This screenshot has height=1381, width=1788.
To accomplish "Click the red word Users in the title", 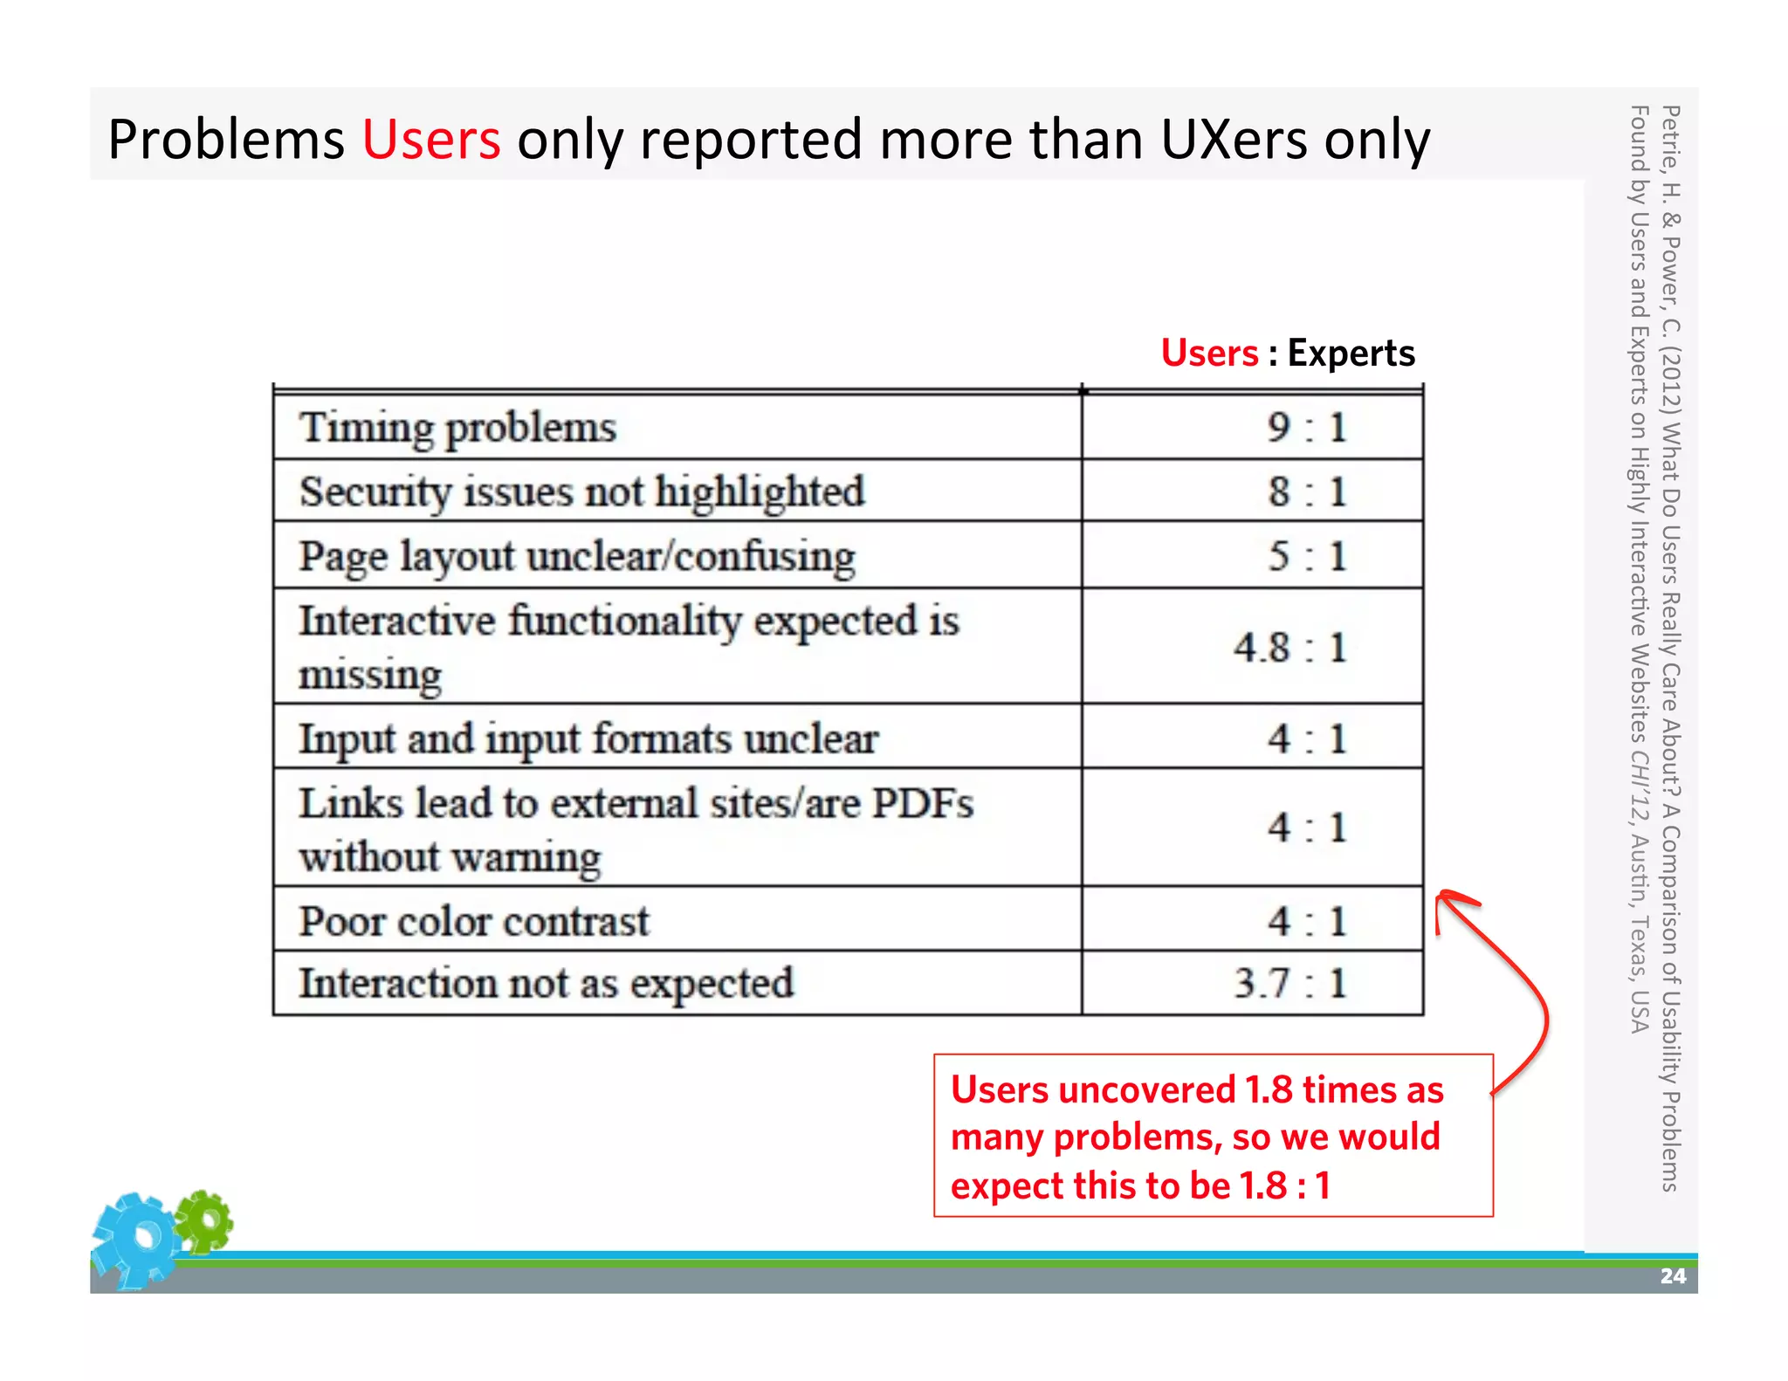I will (431, 140).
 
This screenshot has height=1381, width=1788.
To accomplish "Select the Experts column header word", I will (1351, 353).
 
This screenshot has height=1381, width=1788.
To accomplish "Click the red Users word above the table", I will (1209, 353).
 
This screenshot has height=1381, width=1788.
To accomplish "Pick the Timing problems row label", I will (457, 428).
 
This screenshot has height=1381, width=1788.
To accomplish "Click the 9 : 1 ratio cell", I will (1307, 428).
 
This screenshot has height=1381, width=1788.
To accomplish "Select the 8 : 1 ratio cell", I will (1307, 491).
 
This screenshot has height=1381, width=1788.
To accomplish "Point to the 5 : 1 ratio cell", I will (1307, 556).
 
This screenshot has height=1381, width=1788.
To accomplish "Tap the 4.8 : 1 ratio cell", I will (1289, 648).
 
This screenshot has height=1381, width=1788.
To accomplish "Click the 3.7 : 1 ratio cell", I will (1289, 983).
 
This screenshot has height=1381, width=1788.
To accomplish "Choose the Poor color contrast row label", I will (474, 921).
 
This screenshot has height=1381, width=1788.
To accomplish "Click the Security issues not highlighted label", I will (581, 491).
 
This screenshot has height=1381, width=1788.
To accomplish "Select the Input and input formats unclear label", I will (588, 739).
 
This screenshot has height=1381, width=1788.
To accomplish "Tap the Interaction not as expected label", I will (547, 983).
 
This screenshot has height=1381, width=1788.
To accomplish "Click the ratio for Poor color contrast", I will (1307, 921).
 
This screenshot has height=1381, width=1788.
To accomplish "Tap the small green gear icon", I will (204, 1220).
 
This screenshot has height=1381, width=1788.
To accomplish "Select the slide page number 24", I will (1672, 1276).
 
